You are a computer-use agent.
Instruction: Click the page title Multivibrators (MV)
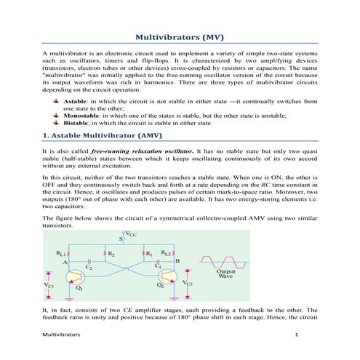180,37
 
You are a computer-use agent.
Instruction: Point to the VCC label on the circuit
132,234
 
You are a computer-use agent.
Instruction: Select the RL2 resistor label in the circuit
166,254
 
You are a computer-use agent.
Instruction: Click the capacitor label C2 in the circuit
89,267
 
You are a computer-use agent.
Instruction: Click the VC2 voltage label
188,281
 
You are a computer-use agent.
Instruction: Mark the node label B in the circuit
178,260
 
